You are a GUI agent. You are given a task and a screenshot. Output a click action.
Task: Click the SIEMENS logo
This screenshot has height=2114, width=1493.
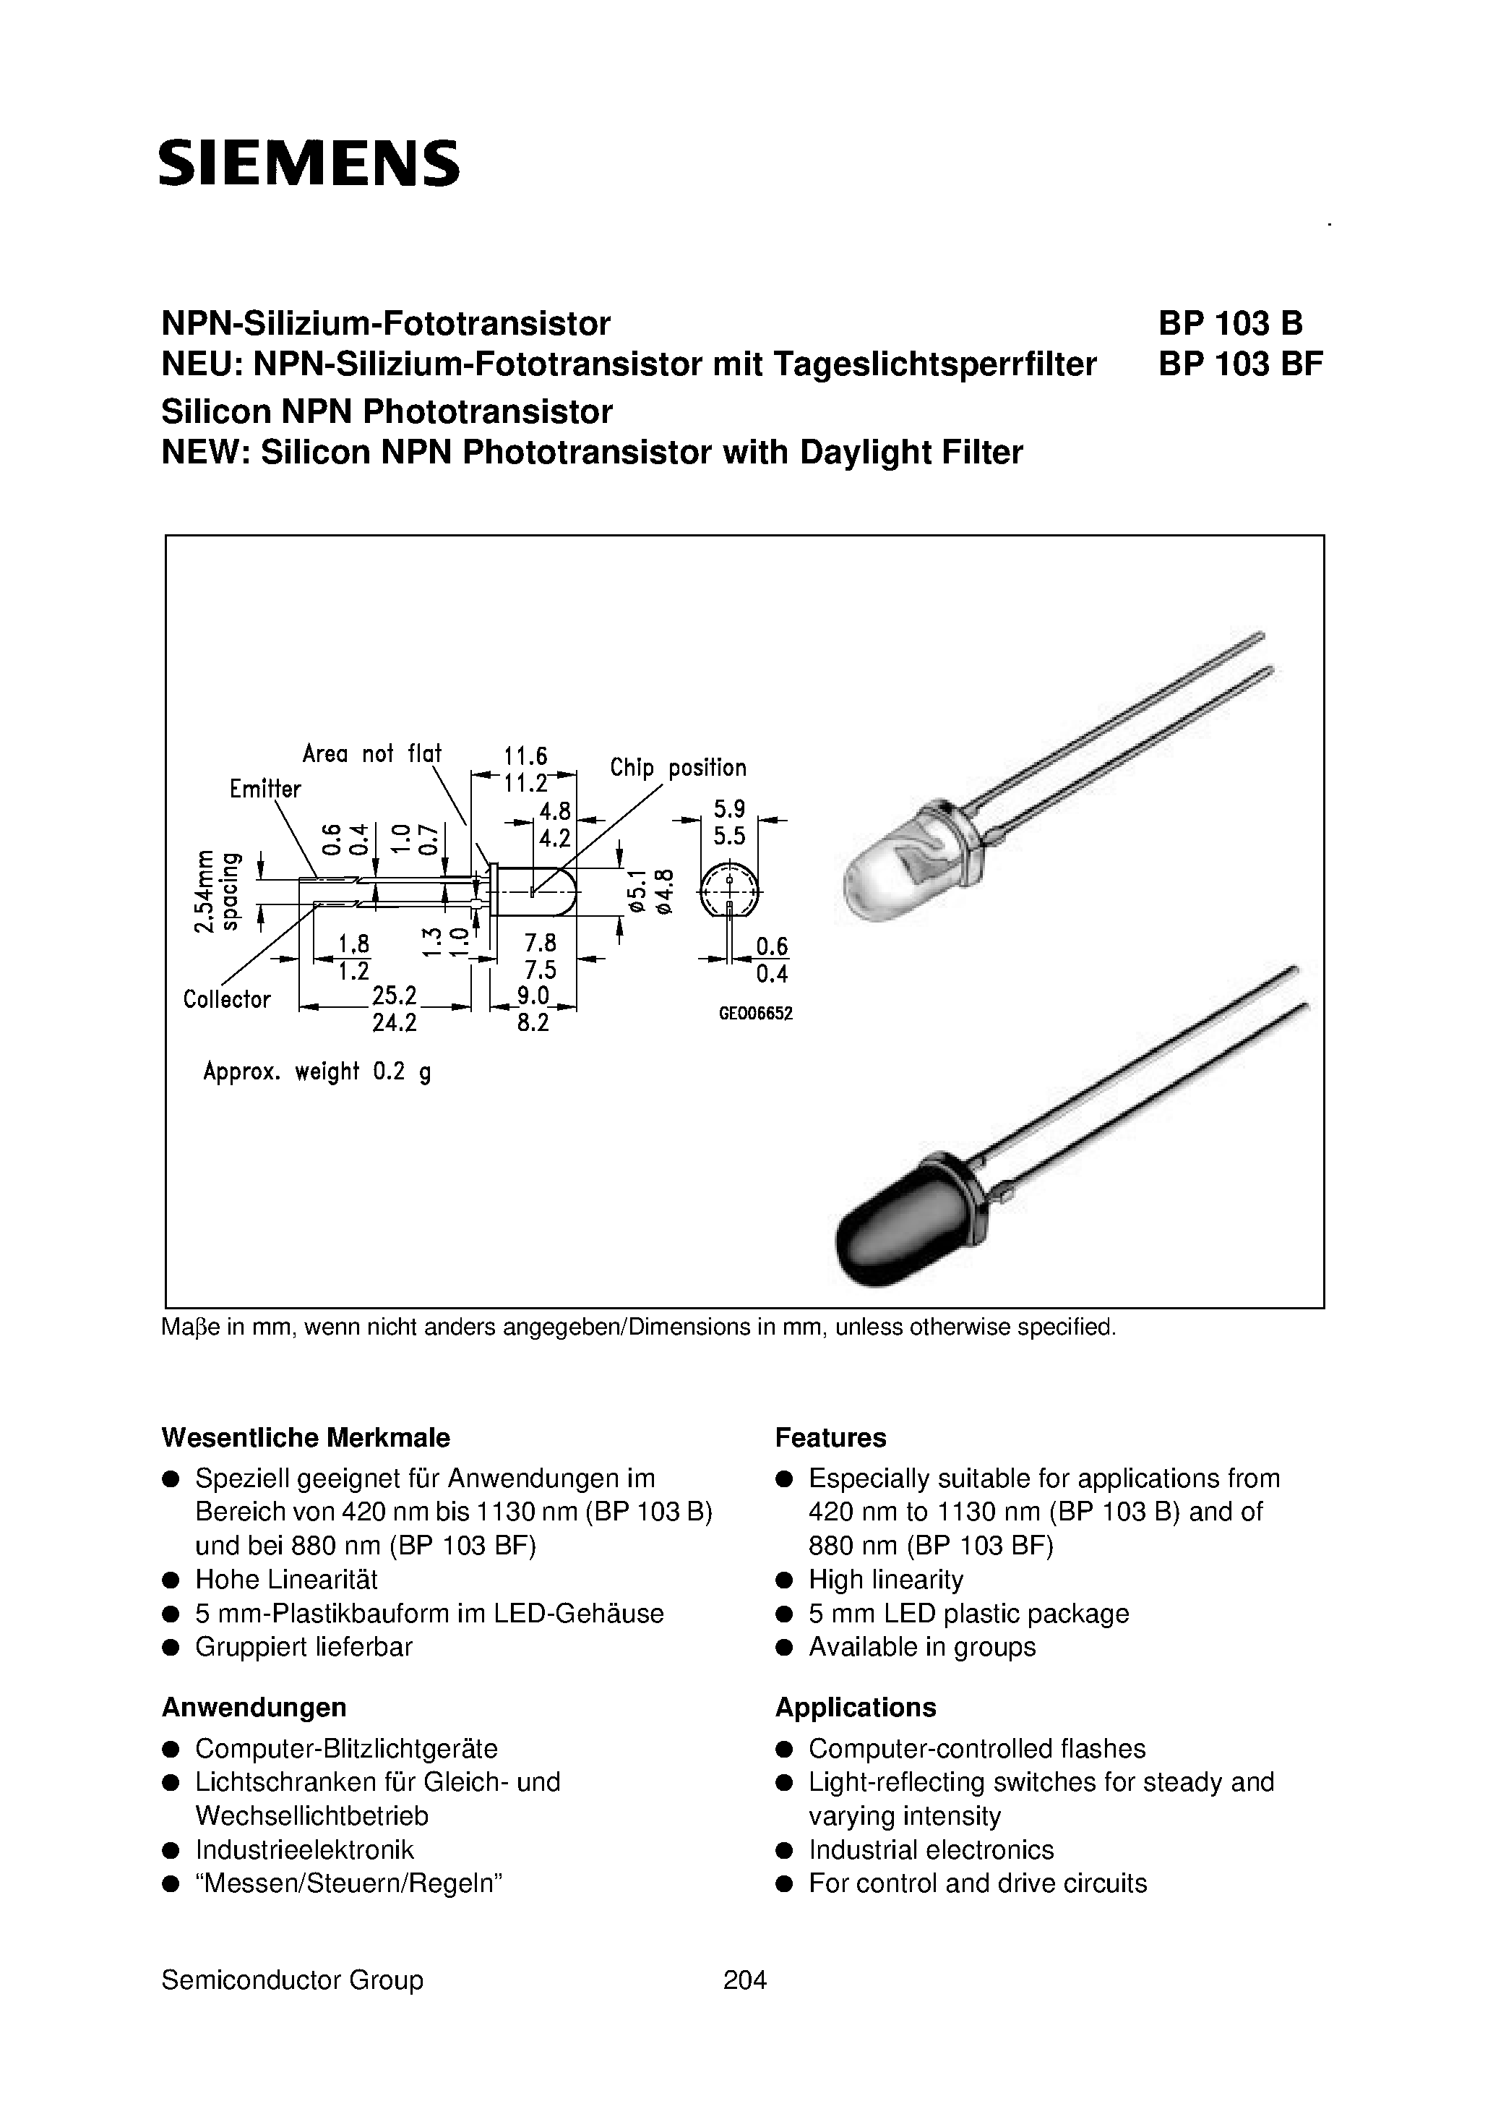(x=309, y=164)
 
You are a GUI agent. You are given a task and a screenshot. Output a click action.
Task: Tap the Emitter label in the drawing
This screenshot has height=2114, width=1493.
(x=265, y=789)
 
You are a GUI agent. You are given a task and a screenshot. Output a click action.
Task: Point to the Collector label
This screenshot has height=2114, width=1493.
(x=226, y=1000)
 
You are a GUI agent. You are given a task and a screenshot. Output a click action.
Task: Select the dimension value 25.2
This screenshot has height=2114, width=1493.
(x=394, y=996)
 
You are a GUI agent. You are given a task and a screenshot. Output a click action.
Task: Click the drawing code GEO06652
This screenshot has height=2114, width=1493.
(x=756, y=1014)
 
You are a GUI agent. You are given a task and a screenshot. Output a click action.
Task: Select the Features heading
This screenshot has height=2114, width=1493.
(x=830, y=1438)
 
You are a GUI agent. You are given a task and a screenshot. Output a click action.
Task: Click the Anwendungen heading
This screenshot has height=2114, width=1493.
(x=254, y=1708)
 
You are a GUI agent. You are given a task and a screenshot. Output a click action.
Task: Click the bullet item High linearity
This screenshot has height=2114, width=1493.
(x=885, y=1580)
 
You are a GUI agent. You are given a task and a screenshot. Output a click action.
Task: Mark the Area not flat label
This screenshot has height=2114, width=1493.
(x=372, y=753)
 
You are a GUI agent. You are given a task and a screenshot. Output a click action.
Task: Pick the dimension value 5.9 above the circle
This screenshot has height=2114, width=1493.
(x=729, y=809)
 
